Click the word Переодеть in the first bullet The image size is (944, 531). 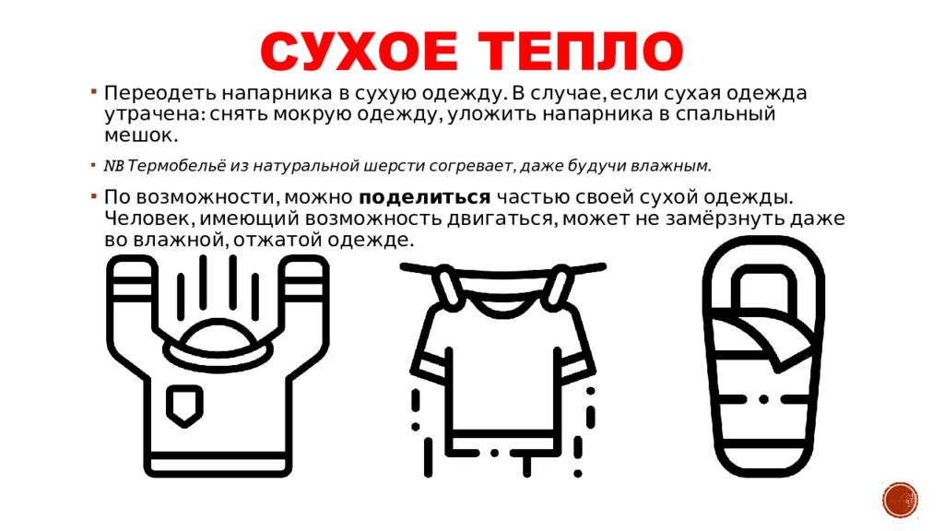coord(159,94)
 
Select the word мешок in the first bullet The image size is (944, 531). coord(141,135)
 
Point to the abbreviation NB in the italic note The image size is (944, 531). coord(113,166)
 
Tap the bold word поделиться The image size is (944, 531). coord(424,197)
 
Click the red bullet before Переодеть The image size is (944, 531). coord(94,91)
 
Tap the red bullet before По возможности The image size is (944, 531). coord(94,195)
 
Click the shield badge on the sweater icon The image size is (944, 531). coord(184,406)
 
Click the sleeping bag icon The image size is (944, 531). coord(763,357)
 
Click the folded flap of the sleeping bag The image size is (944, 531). coord(764,340)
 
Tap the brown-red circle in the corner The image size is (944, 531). coord(901,500)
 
